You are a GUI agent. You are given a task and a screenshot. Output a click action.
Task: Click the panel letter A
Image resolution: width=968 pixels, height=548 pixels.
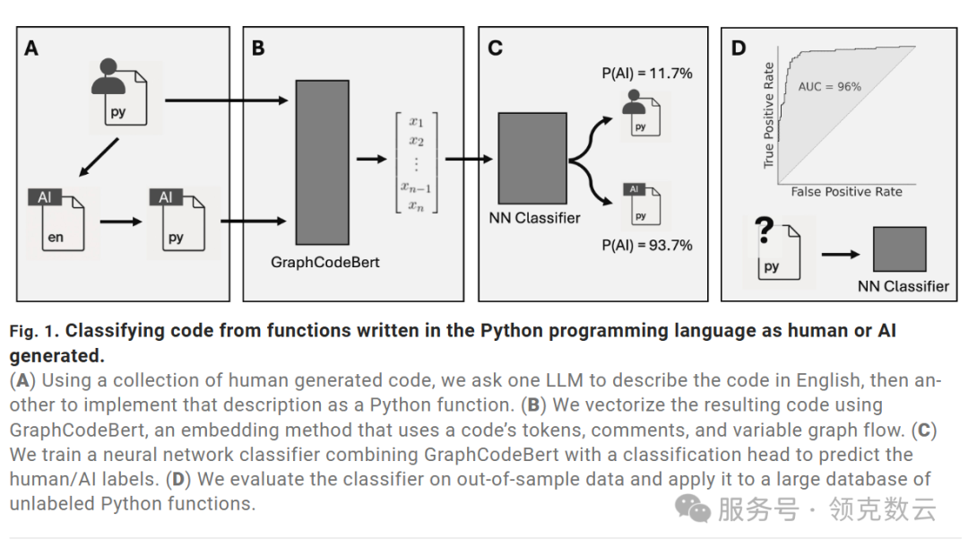(31, 48)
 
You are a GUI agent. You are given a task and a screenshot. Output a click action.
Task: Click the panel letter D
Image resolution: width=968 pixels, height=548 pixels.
(739, 48)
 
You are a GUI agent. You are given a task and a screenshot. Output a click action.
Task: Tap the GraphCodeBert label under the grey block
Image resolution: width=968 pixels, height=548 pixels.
(325, 263)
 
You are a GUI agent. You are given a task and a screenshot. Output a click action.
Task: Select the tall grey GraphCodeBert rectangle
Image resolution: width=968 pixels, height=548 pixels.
(322, 162)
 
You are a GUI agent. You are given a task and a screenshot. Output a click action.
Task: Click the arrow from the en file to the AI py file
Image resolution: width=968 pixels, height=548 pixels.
(120, 221)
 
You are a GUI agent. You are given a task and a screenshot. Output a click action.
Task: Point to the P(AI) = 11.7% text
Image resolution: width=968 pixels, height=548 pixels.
(647, 74)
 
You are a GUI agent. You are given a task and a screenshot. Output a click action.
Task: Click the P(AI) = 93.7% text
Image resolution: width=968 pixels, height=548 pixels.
(647, 245)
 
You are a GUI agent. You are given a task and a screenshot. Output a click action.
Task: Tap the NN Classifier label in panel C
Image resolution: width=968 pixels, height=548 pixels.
(535, 217)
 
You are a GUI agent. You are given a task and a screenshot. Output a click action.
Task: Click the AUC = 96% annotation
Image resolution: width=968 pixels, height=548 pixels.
(829, 86)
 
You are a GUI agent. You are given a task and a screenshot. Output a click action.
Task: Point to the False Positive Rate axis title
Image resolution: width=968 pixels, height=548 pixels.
(846, 192)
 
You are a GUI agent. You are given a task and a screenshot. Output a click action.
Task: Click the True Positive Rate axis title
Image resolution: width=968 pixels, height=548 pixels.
(768, 115)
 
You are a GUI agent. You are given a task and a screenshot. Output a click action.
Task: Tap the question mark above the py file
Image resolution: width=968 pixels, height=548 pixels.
(765, 231)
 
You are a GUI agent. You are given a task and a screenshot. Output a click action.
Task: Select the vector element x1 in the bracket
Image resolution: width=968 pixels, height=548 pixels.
(415, 122)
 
